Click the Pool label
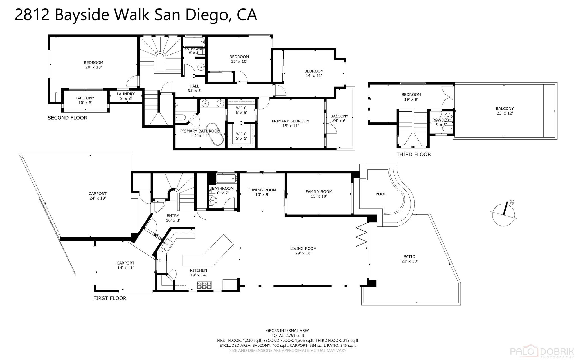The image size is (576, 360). pyautogui.click(x=381, y=194)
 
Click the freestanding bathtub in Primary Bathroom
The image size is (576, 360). pyautogui.click(x=215, y=134)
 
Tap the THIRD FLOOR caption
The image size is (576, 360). pyautogui.click(x=413, y=154)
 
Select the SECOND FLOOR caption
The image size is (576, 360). pyautogui.click(x=67, y=118)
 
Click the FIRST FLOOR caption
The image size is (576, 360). pyautogui.click(x=110, y=298)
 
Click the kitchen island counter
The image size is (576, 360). pyautogui.click(x=208, y=252)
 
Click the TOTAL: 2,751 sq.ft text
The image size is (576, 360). pyautogui.click(x=288, y=336)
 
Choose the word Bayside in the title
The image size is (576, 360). pyautogui.click(x=82, y=15)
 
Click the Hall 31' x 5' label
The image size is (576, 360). pyautogui.click(x=194, y=88)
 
